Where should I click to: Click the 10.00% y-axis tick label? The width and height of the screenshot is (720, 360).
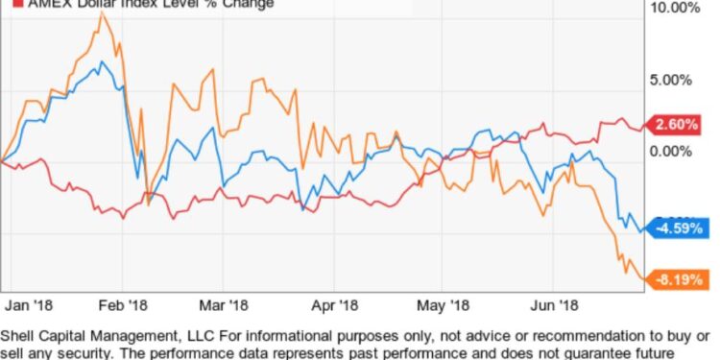677,9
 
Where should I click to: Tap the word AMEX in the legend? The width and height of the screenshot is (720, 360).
37,3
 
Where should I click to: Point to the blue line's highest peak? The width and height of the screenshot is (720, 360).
102,62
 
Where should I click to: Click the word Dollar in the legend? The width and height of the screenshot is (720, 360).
88,3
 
